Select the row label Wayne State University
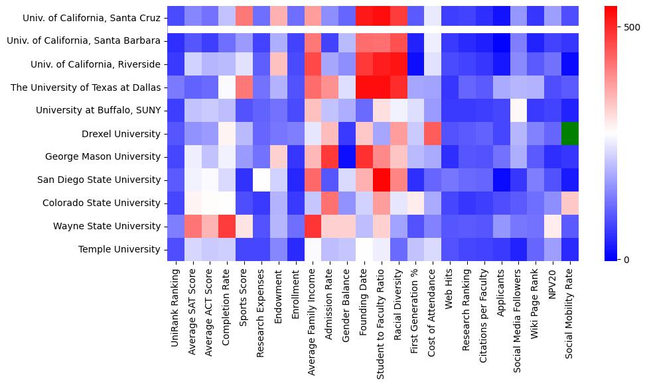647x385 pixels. pyautogui.click(x=106, y=226)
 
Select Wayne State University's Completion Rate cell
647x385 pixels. pyautogui.click(x=227, y=226)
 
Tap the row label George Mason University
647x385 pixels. pyautogui.click(x=103, y=157)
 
